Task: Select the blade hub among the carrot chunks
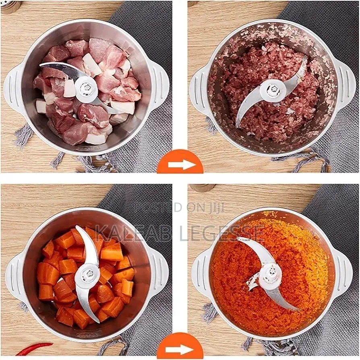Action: click(87, 275)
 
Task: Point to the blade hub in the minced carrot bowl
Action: click(270, 275)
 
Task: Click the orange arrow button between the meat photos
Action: click(180, 163)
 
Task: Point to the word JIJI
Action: click(215, 207)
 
